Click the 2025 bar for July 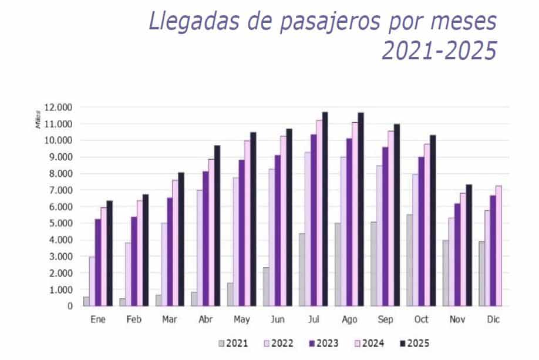point(325,209)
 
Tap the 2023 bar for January point(97,263)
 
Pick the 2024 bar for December point(498,246)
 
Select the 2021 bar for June point(265,287)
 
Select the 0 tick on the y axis point(70,306)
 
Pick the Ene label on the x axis point(98,319)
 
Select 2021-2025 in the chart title point(439,52)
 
